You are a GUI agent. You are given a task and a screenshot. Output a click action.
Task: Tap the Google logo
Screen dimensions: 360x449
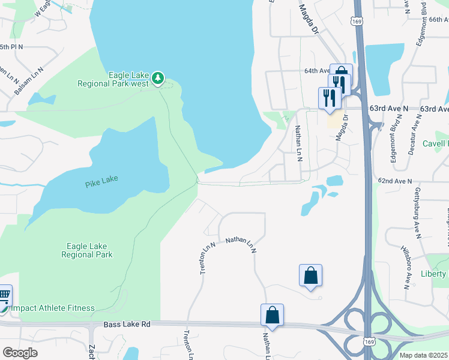tap(20, 353)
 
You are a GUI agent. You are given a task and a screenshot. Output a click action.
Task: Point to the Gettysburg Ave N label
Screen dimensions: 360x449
tap(417, 210)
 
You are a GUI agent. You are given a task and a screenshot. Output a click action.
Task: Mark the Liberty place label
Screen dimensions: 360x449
tap(435, 274)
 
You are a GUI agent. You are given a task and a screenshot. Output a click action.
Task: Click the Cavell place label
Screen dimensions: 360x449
tap(436, 143)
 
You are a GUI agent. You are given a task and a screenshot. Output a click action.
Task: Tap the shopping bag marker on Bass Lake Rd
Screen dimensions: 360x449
tap(272, 314)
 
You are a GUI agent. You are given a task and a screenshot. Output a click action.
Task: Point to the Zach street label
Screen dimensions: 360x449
tap(92, 352)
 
